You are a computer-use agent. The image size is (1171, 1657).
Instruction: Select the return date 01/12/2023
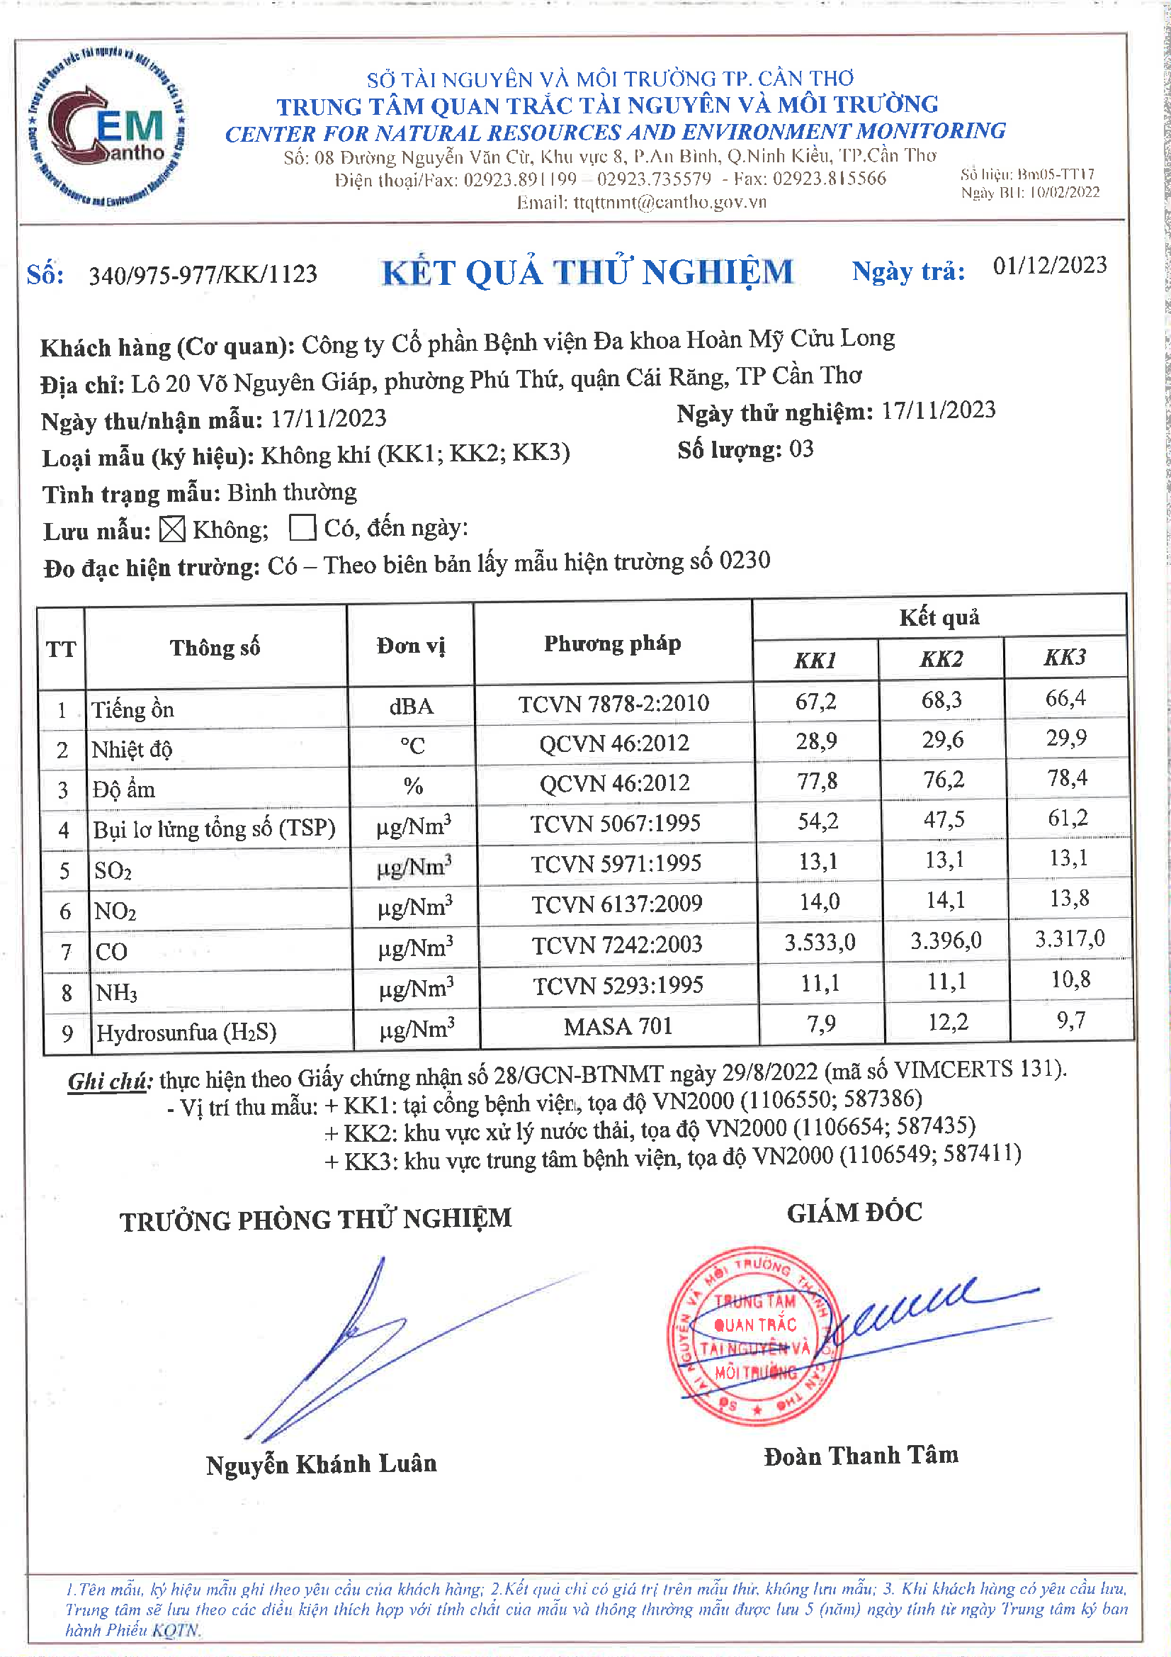tap(1049, 266)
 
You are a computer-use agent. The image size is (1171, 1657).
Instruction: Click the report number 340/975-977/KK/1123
tap(203, 275)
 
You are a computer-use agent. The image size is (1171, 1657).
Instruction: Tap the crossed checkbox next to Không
tap(172, 529)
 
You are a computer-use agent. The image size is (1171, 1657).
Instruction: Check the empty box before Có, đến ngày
tap(302, 527)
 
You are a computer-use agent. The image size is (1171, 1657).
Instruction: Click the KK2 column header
tap(940, 659)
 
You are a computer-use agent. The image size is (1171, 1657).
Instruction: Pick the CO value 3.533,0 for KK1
tap(820, 942)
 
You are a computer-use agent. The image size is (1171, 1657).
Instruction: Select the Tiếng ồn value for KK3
tap(1065, 698)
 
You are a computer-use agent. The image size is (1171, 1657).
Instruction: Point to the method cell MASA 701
tap(618, 1026)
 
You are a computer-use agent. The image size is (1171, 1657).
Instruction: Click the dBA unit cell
tap(412, 706)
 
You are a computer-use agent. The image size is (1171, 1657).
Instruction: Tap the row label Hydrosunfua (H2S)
tap(186, 1032)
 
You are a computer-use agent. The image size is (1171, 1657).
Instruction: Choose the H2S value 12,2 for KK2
tap(947, 1022)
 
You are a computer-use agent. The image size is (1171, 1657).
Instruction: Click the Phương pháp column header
tap(612, 644)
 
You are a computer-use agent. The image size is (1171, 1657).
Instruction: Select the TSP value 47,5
tap(944, 819)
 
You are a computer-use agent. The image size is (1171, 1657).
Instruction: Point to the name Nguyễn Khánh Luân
tap(321, 1464)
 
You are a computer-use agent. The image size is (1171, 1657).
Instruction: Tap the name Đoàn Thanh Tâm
tap(861, 1456)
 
